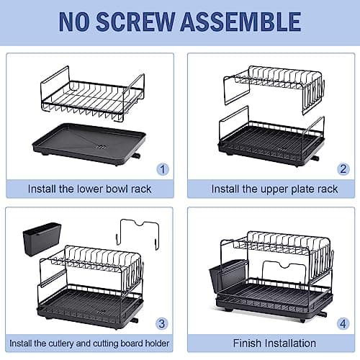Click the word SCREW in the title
click(146, 22)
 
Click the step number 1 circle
click(163, 170)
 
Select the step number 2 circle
click(343, 170)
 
